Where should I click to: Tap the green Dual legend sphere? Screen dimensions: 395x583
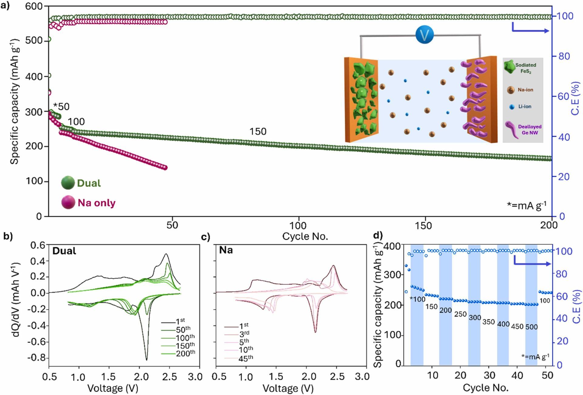[68, 183]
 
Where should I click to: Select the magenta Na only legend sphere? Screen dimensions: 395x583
[68, 202]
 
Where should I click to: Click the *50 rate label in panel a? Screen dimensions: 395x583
[61, 107]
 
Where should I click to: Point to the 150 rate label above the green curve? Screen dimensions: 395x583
[258, 131]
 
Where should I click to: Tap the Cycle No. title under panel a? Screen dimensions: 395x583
[305, 236]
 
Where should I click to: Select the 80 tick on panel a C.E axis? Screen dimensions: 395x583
[564, 56]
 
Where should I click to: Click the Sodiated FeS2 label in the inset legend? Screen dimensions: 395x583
[526, 68]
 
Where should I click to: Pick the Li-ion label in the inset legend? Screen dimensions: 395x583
[525, 107]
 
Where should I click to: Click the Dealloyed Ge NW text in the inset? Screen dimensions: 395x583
[530, 130]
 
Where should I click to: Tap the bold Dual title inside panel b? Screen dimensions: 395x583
[64, 251]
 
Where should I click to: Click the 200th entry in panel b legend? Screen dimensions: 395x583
[185, 353]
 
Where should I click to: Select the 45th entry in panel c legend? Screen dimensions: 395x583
[245, 358]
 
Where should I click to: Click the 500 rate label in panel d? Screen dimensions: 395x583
[531, 327]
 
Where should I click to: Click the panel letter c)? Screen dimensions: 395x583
[206, 237]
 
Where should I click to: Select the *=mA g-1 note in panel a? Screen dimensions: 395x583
[527, 206]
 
